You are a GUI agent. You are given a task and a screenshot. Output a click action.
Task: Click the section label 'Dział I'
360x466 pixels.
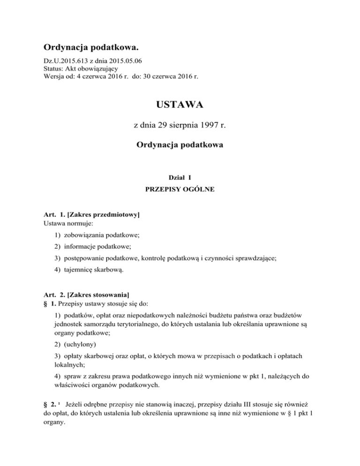[x=180, y=178]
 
